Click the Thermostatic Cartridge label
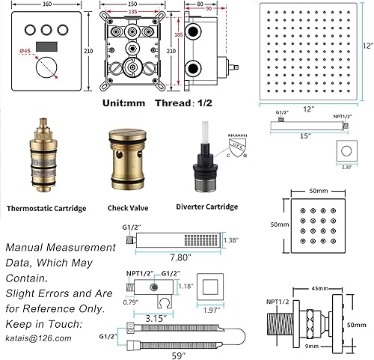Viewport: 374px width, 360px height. (46, 208)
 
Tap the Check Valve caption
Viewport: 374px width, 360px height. (129, 208)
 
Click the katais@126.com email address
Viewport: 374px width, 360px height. (42, 338)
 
